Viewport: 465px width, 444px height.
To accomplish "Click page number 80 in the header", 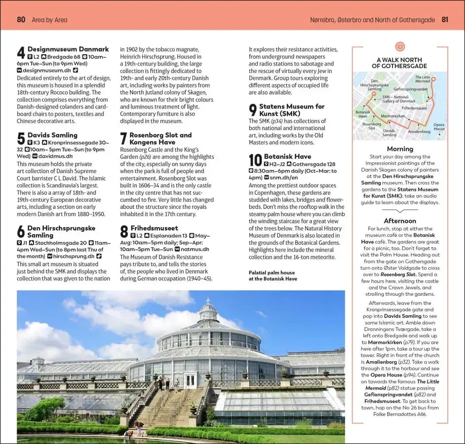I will pos(21,20).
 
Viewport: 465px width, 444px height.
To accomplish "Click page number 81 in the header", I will pos(445,20).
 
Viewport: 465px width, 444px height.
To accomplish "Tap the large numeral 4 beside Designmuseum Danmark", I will pos(21,53).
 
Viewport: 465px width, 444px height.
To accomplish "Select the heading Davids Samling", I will pos(52,135).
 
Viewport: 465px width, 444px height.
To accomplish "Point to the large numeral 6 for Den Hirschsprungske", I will pos(21,232).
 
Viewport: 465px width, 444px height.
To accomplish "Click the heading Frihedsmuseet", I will pos(154,228).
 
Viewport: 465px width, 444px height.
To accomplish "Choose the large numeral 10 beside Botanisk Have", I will pos(255,160).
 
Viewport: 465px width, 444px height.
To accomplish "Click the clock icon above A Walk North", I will pos(400,46).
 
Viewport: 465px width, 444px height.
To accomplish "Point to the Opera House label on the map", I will pos(439,127).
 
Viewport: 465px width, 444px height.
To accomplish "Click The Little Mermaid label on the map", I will pos(422,79).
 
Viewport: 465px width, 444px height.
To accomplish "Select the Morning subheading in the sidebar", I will pos(400,148).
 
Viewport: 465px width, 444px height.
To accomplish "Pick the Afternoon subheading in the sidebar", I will pos(400,221).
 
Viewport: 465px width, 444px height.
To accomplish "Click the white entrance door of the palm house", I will pos(190,381).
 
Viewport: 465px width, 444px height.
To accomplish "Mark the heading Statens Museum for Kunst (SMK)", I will pos(292,110).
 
